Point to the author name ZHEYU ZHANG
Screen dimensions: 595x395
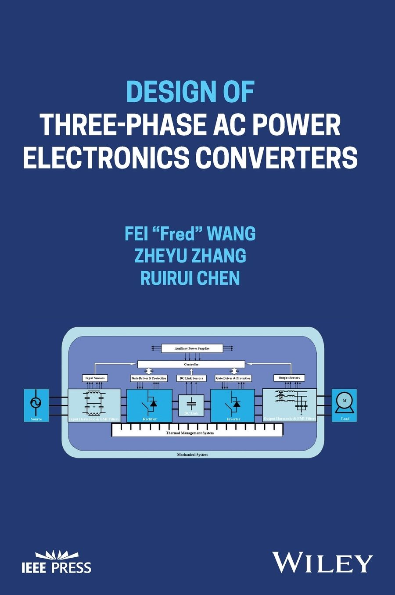pos(190,256)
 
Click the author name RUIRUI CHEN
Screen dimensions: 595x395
pos(190,278)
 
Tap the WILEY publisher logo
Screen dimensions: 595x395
pos(323,562)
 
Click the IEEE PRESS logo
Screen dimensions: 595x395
pos(56,562)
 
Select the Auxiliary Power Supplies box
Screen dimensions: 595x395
pos(192,348)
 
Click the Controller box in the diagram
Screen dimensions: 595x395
pos(191,364)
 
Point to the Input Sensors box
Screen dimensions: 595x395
pos(95,378)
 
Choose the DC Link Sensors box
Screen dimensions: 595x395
pos(191,378)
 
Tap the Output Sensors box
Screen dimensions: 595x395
pos(289,377)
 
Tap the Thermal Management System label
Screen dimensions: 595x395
pos(190,433)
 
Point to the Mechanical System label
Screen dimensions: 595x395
pos(192,455)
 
